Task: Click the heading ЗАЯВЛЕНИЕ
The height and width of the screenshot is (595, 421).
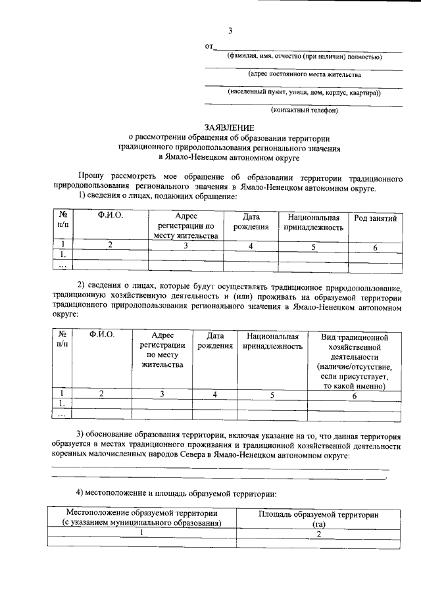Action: pos(229,127)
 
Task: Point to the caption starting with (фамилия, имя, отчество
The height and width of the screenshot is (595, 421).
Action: pos(305,57)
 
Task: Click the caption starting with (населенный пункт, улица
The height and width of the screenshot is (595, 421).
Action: pos(304,93)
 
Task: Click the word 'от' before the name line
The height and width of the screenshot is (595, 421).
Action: pos(209,47)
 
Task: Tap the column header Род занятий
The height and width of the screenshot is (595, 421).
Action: pos(375,218)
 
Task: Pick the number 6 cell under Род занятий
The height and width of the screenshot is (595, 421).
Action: pos(375,247)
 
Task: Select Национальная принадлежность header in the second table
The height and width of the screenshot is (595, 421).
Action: pos(272,340)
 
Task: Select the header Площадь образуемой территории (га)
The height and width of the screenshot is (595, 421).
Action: pos(319,519)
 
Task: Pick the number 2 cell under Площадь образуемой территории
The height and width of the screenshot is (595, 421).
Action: pos(319,534)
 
